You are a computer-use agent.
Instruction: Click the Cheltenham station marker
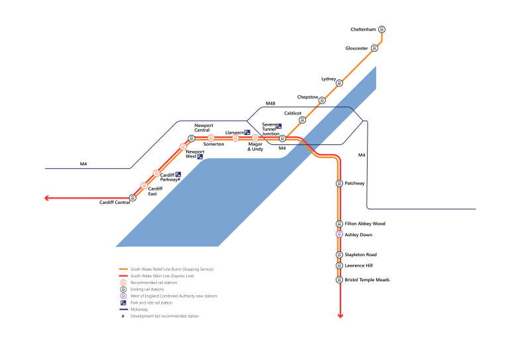(x=382, y=29)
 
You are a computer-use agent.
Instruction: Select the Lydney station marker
(x=340, y=83)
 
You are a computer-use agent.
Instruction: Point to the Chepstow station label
(x=307, y=97)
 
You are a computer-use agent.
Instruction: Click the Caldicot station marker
(x=303, y=120)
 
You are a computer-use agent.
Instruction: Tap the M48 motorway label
(x=270, y=104)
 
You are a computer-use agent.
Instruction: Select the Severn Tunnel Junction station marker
(x=282, y=138)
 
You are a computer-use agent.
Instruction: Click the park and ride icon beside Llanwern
(x=247, y=132)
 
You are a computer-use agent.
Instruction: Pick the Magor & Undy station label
(x=255, y=146)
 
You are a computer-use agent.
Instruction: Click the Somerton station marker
(x=211, y=138)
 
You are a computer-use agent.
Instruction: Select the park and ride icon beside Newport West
(x=200, y=156)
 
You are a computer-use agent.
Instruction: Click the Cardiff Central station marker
(x=132, y=197)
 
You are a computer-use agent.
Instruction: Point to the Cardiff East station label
(x=155, y=191)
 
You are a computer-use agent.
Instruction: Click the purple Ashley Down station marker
(x=340, y=234)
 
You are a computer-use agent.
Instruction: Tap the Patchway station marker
(x=340, y=183)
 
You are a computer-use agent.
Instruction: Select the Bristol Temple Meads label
(x=367, y=280)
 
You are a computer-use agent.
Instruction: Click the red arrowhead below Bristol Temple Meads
(x=340, y=316)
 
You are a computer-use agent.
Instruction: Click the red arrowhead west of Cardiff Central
(x=48, y=197)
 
